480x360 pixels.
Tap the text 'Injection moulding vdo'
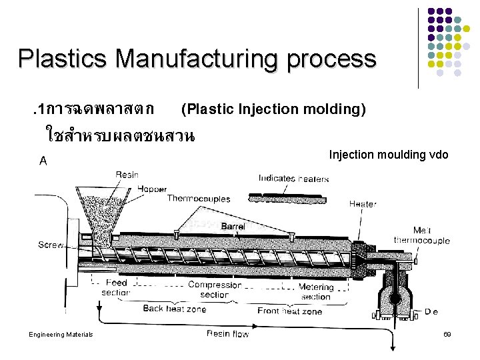389,155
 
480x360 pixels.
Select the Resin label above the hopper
127,175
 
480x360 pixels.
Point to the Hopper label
152,189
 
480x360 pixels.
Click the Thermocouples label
198,198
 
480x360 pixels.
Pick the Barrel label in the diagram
233,227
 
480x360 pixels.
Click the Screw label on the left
51,245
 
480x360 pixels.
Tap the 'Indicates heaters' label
293,178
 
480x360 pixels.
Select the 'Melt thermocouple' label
421,235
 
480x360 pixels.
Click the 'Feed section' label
116,288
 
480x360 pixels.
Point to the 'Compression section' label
214,289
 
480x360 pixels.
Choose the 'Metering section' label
315,292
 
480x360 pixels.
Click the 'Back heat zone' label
175,309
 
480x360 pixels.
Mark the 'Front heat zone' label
289,311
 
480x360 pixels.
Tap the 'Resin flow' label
227,333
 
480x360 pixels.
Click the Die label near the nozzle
431,311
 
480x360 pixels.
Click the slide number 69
447,333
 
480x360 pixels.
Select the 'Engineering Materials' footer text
61,334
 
